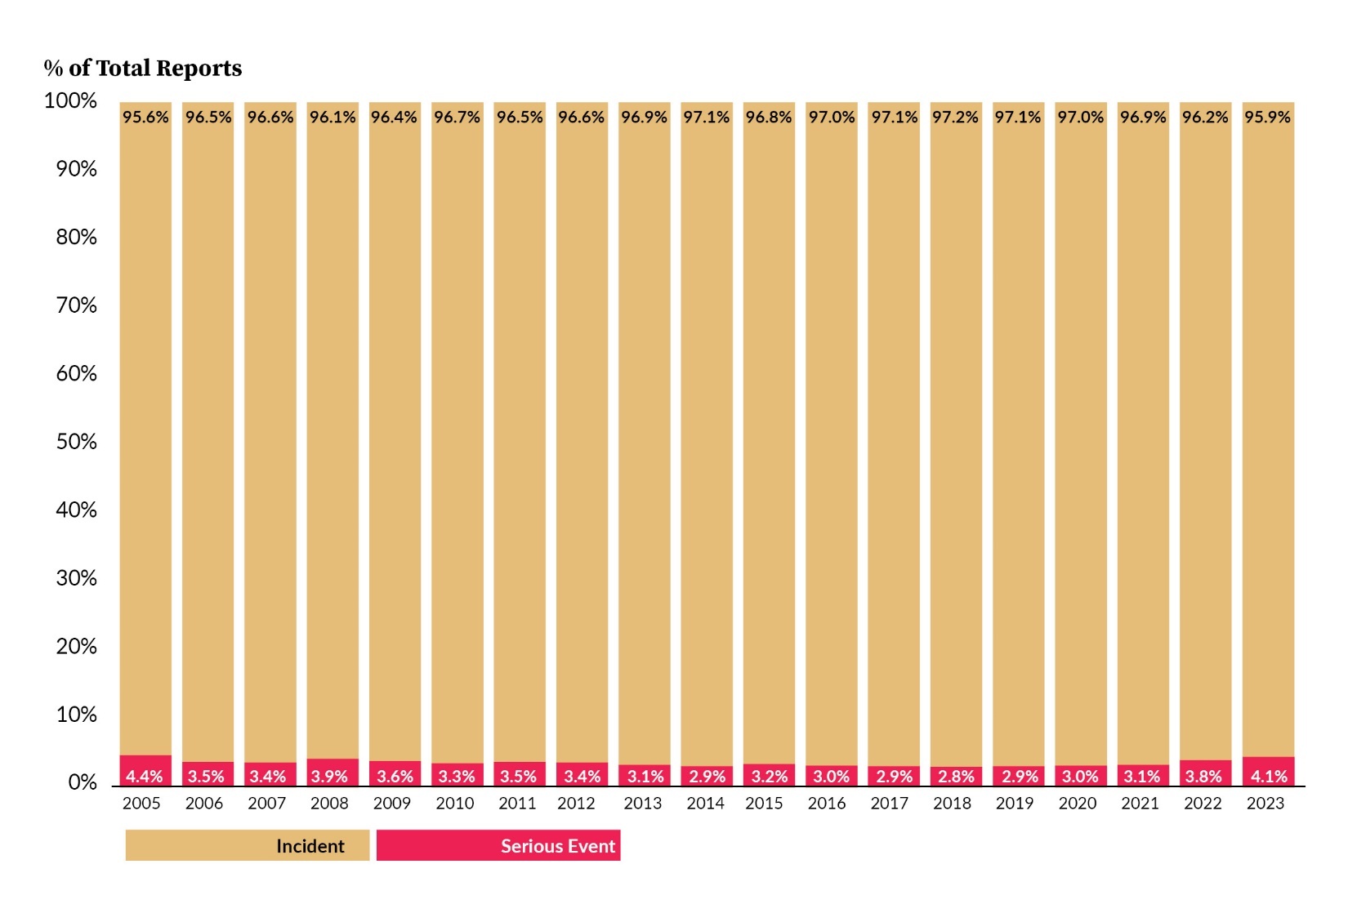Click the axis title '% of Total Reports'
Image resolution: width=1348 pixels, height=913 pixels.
tap(143, 68)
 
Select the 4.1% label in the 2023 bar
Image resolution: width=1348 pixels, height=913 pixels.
tap(1269, 777)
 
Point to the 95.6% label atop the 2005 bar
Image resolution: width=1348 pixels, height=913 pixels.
tap(145, 117)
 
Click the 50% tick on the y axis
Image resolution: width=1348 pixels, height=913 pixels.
tap(76, 442)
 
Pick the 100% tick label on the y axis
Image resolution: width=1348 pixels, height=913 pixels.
tap(70, 100)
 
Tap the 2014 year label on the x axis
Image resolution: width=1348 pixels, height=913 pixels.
tap(705, 804)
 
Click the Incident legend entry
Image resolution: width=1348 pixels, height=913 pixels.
tap(248, 846)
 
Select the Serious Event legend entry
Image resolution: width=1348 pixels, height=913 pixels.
tap(498, 846)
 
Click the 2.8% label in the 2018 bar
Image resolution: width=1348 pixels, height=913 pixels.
tap(956, 777)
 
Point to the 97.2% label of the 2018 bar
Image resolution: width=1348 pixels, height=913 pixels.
tap(956, 117)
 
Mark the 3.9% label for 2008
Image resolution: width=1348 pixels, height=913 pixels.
tap(329, 777)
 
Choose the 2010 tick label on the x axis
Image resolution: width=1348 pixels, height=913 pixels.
tap(455, 804)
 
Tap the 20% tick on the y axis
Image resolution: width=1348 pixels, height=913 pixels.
tap(76, 647)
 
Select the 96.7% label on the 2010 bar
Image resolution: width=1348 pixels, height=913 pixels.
tap(457, 117)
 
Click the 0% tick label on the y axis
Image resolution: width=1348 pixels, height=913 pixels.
tap(83, 783)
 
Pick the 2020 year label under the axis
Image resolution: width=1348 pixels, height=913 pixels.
tap(1078, 804)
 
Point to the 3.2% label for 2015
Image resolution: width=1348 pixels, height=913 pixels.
tap(769, 777)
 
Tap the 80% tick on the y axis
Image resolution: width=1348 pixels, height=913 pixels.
tap(76, 237)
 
